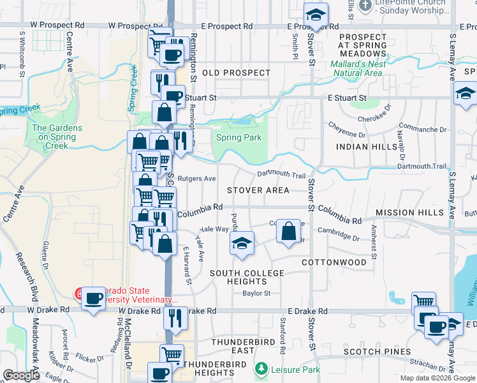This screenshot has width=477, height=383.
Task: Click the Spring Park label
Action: [x=238, y=137]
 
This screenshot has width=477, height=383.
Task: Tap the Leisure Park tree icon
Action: [x=260, y=370]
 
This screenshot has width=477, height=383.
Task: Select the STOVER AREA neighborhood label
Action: [x=258, y=190]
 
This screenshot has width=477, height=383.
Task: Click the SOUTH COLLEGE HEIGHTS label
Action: [x=247, y=278]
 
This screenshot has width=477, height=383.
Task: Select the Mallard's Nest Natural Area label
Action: [x=356, y=68]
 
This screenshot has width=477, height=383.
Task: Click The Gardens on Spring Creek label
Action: [x=57, y=137]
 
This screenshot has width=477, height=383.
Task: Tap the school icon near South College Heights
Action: [x=241, y=243]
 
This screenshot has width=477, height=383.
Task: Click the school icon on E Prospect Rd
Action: [x=314, y=15]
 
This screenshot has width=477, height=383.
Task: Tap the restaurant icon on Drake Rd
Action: [x=175, y=317]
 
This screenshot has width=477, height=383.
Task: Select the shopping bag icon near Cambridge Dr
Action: [x=289, y=230]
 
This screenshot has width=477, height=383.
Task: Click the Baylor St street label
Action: [x=256, y=294]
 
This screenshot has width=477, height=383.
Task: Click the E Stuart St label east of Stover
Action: [x=347, y=98]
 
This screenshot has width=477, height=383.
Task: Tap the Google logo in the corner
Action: [x=21, y=375]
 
